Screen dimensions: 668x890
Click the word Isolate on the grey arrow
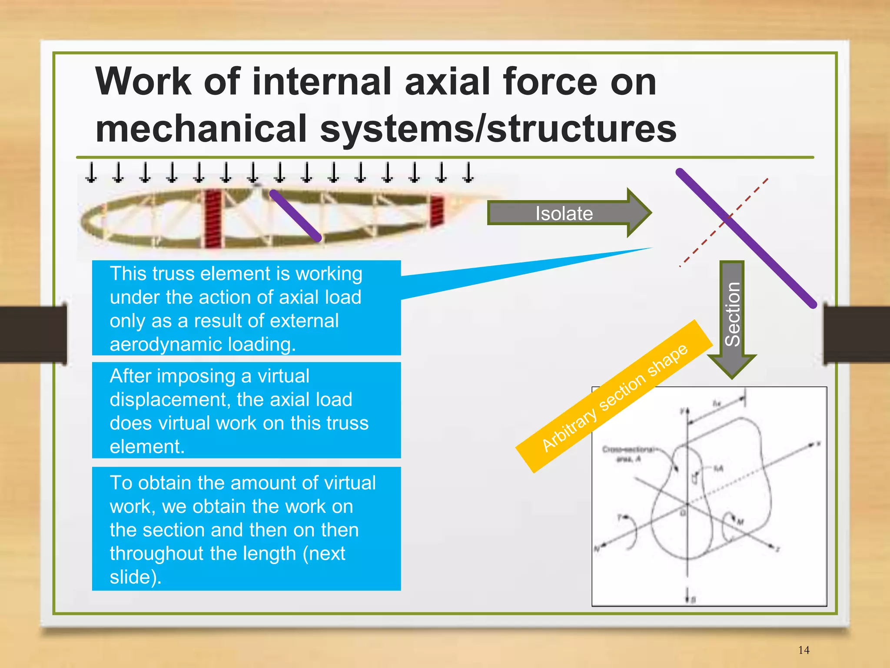coord(564,213)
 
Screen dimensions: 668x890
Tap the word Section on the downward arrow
coord(733,314)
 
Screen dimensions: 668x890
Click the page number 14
coord(804,650)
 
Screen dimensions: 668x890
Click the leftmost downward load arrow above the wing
coord(91,173)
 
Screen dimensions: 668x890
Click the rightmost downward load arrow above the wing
coord(468,173)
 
